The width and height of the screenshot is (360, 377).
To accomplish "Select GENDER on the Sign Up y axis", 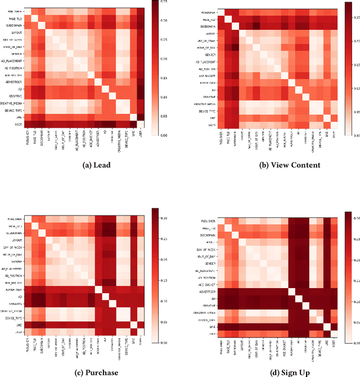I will [x=212, y=263].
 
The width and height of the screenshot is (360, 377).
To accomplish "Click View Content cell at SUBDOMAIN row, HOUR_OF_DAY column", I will [x=256, y=26].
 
